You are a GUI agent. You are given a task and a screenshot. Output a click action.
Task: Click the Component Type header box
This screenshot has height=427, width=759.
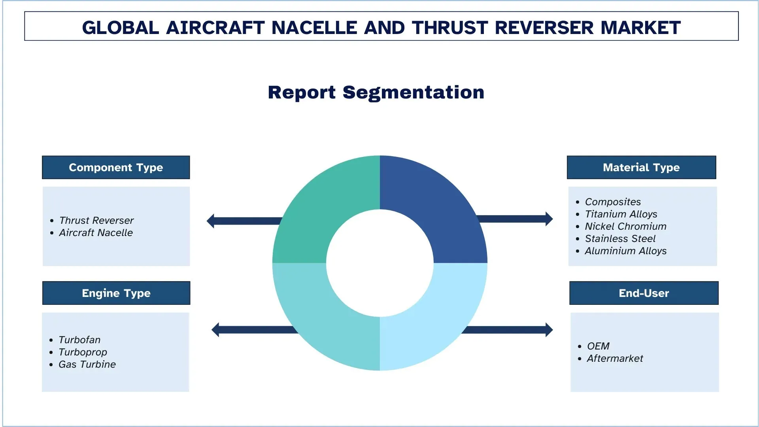click(x=116, y=167)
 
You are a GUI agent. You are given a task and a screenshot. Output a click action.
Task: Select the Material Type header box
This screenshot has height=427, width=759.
click(x=641, y=167)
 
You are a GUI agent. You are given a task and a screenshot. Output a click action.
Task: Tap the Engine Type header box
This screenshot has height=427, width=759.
click(x=116, y=293)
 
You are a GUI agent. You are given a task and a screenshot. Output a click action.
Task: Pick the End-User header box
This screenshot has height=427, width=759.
click(x=644, y=293)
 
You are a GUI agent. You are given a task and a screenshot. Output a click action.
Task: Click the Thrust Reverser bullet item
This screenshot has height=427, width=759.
click(x=96, y=220)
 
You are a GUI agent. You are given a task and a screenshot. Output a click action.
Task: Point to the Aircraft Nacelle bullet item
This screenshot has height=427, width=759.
click(x=96, y=232)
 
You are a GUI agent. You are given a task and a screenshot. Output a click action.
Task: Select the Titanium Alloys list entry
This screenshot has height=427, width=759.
click(x=621, y=214)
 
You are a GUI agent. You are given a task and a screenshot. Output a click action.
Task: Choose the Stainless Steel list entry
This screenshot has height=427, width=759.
click(x=620, y=238)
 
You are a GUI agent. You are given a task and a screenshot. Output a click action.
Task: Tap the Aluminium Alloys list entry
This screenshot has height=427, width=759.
click(x=625, y=251)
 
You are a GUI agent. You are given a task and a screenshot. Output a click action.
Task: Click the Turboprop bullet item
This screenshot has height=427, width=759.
click(x=83, y=352)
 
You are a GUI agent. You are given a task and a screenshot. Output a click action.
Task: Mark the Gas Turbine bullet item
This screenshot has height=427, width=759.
click(x=87, y=364)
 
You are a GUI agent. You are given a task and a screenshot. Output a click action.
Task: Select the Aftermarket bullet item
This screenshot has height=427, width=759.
click(x=615, y=358)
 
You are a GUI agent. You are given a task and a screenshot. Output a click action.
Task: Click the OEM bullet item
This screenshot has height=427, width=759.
click(x=598, y=346)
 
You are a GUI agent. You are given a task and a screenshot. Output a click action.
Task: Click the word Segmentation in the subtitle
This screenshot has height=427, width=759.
click(x=413, y=93)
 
